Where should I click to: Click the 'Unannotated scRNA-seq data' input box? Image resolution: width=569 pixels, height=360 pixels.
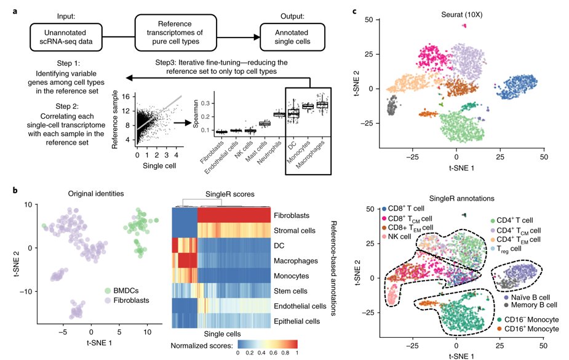point(66,37)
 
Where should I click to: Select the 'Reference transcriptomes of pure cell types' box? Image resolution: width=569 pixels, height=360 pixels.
point(176,33)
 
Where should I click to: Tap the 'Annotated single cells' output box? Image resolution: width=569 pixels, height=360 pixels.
point(292,37)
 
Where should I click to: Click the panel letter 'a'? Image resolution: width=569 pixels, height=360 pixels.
point(15,11)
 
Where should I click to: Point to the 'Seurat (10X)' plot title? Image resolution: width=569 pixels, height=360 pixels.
point(461,15)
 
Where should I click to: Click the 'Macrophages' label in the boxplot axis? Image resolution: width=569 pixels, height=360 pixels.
point(311,155)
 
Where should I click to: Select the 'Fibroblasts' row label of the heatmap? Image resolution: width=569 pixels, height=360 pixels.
point(292,215)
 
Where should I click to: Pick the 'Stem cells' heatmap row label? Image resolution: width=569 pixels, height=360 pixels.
point(290,291)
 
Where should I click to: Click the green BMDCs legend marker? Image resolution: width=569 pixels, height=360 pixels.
point(108,290)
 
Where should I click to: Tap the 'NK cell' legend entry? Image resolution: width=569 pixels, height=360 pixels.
point(396,236)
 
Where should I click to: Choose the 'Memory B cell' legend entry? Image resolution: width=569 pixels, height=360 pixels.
point(530,305)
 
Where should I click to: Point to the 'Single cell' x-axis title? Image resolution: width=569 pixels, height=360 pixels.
point(159,166)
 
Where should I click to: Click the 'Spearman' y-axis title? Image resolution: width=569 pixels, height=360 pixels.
point(196,114)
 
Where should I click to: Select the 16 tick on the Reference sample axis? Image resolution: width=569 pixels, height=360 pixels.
point(126,97)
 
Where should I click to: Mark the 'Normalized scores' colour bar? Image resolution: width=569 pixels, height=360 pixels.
point(268,345)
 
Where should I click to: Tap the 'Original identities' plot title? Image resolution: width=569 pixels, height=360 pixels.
point(96,193)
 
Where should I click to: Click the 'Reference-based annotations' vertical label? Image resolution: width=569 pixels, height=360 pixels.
point(334,268)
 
